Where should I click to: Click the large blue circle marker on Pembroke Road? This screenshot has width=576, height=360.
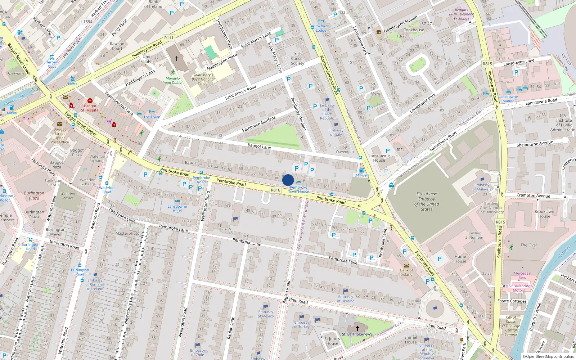pos(288,180)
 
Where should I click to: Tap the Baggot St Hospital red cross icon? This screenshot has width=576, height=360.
pos(90,101)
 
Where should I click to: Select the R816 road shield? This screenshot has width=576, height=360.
pos(275,190)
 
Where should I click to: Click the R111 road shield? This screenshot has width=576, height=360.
pos(168,38)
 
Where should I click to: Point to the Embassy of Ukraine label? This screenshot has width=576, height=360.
pos(346,299)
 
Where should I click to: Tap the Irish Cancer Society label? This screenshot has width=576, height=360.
pos(297,59)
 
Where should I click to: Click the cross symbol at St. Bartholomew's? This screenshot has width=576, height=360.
pos(357,328)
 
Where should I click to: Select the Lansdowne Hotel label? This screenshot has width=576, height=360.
pos(177,208)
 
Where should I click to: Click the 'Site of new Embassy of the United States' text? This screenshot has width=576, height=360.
pos(427,201)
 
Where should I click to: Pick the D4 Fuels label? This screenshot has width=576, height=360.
pos(361,175)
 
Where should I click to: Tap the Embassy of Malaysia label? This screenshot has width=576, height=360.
pos(482,187)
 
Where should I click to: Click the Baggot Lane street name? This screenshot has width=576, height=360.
pos(259,147)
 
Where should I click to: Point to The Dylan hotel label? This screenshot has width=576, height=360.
pos(152,117)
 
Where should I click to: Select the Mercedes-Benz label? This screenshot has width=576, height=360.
pos(522,275)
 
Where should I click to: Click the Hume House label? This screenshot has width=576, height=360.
pos(460,259)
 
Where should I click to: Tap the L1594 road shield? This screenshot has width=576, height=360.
pos(87,22)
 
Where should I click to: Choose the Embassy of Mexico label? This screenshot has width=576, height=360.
pos(266,314)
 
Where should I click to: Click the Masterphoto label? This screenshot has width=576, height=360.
pos(127,233)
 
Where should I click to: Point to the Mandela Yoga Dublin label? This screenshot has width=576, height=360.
pos(173,80)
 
